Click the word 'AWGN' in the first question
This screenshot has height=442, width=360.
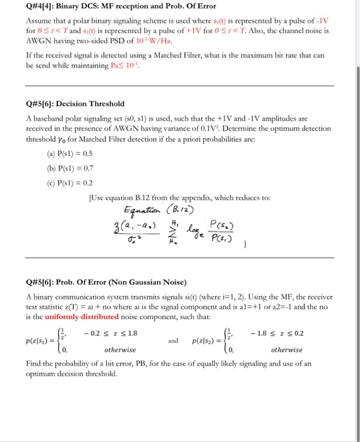pyautogui.click(x=37, y=37)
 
